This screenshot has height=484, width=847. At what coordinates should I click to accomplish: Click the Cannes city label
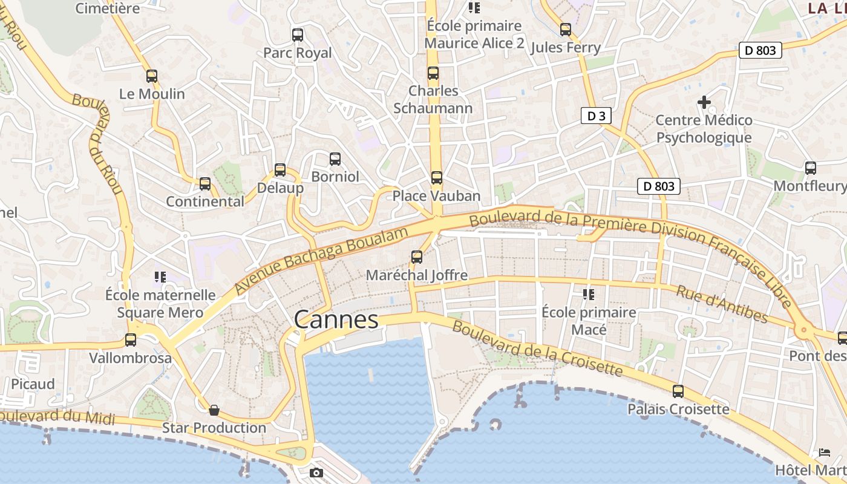pos(336,320)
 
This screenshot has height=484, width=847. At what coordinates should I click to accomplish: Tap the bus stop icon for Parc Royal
pos(297,35)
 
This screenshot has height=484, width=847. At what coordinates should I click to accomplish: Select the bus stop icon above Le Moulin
pos(152,76)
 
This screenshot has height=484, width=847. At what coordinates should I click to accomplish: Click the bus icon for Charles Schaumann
pos(433,73)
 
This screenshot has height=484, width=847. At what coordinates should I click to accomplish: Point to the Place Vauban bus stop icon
pos(436,178)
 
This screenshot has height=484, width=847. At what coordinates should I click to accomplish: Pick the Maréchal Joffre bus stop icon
pos(416,257)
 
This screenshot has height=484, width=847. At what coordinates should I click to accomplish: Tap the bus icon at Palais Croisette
pos(678,391)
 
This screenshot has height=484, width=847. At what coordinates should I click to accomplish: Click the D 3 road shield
pos(596,116)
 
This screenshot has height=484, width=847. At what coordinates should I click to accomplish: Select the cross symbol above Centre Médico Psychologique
pos(704,102)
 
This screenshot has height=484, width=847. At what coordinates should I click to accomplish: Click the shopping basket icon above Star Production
pos(214,410)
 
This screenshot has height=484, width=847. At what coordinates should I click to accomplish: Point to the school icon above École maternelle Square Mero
pos(160,277)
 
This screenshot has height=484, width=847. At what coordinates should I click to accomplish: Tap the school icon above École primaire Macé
pos(588,295)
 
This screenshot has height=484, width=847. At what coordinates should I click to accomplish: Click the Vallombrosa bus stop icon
pos(130,340)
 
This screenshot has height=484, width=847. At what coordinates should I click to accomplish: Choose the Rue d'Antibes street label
pos(722,304)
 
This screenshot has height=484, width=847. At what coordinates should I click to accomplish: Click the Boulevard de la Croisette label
pos(537,348)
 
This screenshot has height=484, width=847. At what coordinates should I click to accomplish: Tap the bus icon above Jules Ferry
pos(565,30)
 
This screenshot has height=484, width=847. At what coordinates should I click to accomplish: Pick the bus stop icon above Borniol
pos(335,159)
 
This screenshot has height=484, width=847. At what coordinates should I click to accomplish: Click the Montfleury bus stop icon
pos(810,168)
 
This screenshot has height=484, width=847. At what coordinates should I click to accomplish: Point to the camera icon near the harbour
pos(316,473)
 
